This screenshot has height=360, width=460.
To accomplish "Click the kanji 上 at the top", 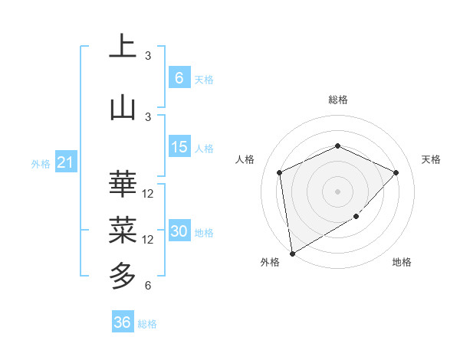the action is coord(123,46).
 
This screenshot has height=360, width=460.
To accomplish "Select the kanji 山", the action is coord(123,107).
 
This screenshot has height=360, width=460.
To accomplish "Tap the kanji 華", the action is coord(123,184).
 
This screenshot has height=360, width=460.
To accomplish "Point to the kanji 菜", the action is coord(123,227).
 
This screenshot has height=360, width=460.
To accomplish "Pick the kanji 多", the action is coord(123,273).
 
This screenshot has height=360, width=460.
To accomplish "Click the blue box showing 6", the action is coord(179,77).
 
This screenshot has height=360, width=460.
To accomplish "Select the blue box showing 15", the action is coord(179,147).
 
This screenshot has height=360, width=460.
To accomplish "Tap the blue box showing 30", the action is coord(179,232).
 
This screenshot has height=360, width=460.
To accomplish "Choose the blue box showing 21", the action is coord(66,162).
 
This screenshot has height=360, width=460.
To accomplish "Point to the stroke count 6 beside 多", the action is coord(148,286).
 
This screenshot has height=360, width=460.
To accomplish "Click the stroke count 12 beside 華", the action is coord(148,194).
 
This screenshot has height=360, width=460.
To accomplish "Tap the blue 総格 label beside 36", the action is coord(147,324).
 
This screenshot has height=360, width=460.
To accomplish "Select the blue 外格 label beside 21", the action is coord(41,163).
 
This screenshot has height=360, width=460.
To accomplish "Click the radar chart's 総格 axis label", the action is coord(337,100).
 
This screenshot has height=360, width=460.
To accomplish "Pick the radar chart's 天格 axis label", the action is coord(431,159).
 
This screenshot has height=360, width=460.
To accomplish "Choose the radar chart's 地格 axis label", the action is coord(402,263).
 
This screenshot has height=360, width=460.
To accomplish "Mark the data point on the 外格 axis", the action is coord(292,253).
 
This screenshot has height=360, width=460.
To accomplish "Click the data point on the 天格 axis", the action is coord(396,172).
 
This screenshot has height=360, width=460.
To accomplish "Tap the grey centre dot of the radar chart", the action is coord(337,191).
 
